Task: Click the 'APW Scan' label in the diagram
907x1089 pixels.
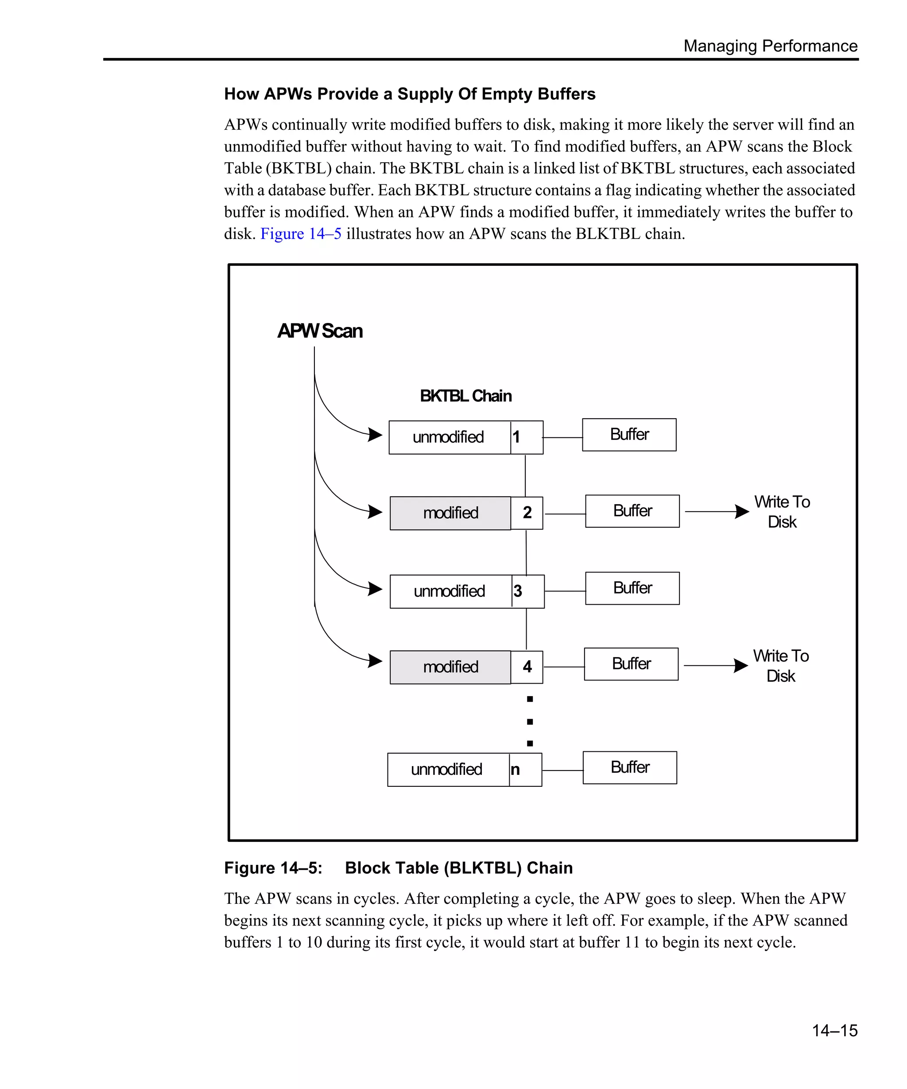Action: pos(320,331)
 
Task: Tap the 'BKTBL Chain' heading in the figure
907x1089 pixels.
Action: pos(465,396)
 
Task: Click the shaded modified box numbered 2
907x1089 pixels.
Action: pos(450,513)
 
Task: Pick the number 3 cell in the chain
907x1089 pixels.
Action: pos(527,591)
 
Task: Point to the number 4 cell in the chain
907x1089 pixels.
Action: pos(527,667)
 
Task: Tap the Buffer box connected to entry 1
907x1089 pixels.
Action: pos(629,435)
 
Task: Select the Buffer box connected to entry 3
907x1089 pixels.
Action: pos(632,588)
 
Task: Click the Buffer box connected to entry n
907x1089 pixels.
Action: pos(630,767)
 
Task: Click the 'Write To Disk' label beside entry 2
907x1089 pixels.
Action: pos(782,511)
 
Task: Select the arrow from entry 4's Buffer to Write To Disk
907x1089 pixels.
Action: pos(715,665)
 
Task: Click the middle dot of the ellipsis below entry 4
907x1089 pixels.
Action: pos(530,721)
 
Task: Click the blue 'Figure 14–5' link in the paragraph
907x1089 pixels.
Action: pos(301,234)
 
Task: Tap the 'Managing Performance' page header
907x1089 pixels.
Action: pos(770,46)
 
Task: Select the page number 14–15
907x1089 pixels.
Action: pos(834,1030)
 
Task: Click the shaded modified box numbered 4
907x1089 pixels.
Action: pos(450,667)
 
